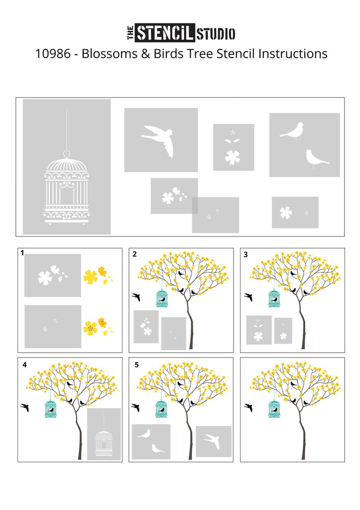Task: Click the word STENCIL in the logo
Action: [x=165, y=33]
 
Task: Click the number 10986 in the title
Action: [x=53, y=54]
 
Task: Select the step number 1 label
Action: [x=22, y=253]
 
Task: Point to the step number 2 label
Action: [x=134, y=254]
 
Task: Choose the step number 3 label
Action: [x=246, y=255]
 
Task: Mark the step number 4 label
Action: [x=24, y=365]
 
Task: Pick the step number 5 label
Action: [x=136, y=365]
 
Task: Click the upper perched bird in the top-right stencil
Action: [x=292, y=130]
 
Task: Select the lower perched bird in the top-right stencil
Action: [x=316, y=158]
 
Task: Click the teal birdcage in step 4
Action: [x=50, y=408]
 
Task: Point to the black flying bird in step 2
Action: [x=136, y=297]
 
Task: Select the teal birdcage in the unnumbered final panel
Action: [x=274, y=408]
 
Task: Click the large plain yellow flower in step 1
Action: [x=91, y=277]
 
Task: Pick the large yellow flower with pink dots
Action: [x=91, y=328]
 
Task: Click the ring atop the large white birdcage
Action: [x=67, y=153]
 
